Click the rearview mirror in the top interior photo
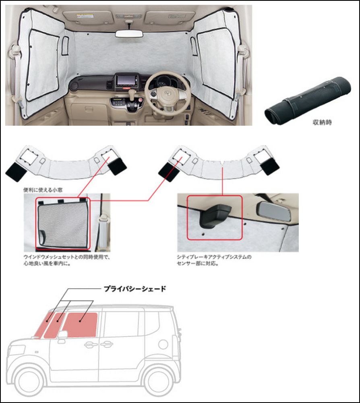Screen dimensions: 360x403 129,34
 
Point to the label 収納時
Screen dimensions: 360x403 322,123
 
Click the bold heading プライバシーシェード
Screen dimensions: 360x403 135,289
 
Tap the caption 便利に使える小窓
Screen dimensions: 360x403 43,190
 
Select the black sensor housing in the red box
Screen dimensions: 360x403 214,215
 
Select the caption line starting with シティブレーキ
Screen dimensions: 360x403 214,257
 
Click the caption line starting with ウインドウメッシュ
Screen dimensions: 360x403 67,257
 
